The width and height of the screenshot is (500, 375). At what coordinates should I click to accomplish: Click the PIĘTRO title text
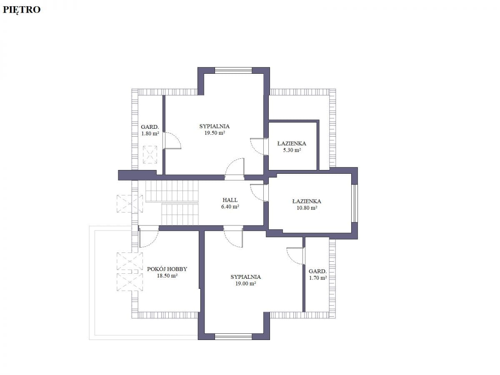(22, 10)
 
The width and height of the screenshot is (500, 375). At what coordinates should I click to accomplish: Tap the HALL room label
(230, 200)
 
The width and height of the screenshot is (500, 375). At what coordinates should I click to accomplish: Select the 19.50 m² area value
(215, 133)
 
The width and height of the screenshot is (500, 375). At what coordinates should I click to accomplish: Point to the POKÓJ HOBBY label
(167, 269)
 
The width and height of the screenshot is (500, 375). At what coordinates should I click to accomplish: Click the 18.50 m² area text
(167, 275)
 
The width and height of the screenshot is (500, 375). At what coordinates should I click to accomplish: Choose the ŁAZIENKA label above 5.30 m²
(292, 143)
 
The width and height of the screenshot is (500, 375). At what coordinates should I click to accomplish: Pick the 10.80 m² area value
(307, 207)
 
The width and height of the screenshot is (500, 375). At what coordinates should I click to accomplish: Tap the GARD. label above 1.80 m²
(150, 127)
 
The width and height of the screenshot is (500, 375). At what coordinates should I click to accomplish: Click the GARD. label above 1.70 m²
(317, 271)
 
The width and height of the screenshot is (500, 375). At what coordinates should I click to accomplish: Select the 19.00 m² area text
(245, 283)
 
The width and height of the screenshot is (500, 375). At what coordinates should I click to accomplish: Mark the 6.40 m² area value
(230, 207)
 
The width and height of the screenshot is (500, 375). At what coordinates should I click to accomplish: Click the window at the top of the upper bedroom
(233, 70)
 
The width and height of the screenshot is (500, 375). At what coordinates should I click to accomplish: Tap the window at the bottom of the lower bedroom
(233, 337)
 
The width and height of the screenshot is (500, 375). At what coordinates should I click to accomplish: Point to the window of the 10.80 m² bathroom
(355, 203)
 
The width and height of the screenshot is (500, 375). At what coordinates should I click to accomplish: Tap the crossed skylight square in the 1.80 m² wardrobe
(150, 155)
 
